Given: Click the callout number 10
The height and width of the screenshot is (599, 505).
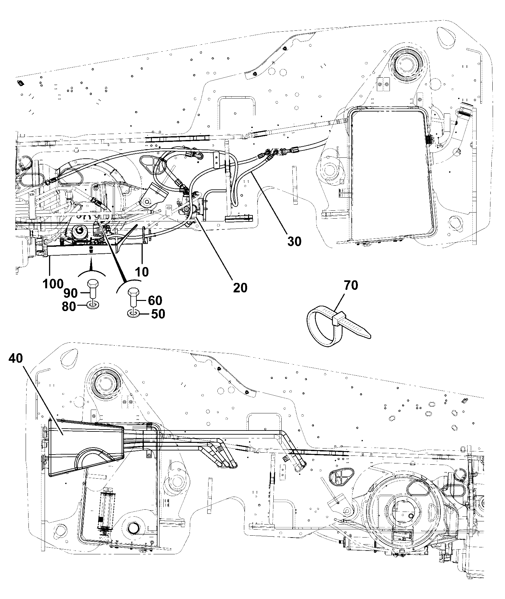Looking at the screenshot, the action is pos(141,272).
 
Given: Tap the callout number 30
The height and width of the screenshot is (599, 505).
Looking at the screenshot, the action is pos(294,241).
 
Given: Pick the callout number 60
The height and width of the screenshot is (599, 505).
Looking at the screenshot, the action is pos(155,300).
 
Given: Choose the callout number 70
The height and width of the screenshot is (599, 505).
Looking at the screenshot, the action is pos(350,285).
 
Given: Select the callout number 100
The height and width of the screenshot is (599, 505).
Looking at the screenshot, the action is pos(53,284).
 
